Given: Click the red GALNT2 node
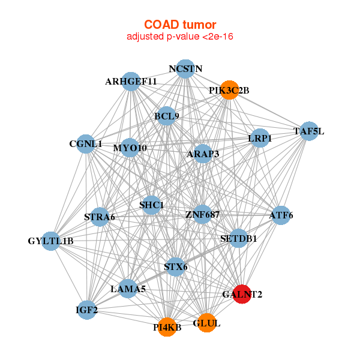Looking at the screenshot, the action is [242, 294].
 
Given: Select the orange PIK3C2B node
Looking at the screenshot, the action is [229, 90].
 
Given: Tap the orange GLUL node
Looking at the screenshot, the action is [207, 323].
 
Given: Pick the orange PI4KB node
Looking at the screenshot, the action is [167, 327].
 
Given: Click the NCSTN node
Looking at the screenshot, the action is [185, 68].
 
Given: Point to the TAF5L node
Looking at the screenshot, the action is [309, 131].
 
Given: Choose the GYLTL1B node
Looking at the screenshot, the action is [51, 241].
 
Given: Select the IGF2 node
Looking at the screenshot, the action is [87, 310].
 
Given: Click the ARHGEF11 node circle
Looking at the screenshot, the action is [131, 82].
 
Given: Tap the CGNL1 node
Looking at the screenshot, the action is [86, 144].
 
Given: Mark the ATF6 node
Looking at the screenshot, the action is [281, 215].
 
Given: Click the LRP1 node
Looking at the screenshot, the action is [260, 138].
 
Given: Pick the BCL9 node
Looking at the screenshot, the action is [166, 116].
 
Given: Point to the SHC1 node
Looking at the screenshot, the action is [152, 205].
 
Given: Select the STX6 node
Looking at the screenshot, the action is [176, 267].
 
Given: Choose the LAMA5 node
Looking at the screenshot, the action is [128, 289].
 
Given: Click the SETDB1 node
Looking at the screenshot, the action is [239, 238].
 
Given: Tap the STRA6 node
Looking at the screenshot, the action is [100, 217].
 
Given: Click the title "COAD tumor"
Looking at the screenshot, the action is [180, 25].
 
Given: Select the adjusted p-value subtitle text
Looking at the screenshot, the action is [180, 37].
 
